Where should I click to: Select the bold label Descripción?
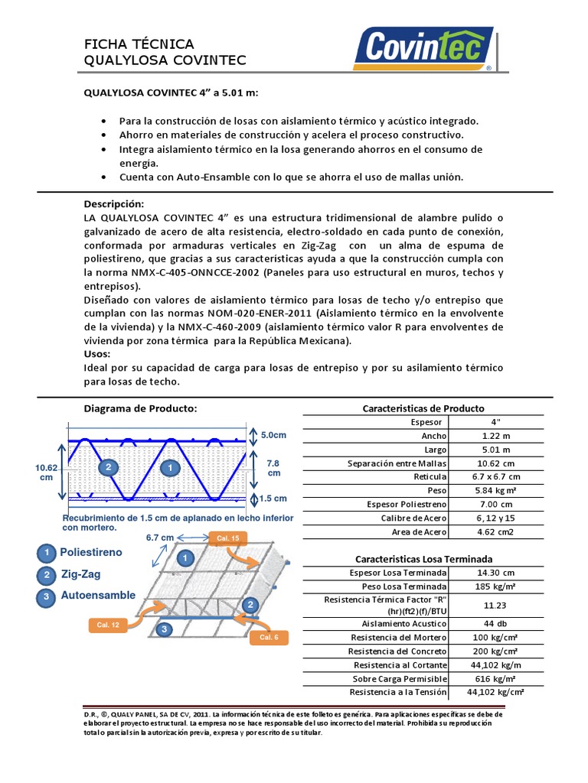click(x=113, y=204)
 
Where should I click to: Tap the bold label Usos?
click(x=96, y=354)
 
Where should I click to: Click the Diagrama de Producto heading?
click(x=140, y=408)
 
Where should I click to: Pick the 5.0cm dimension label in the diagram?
click(x=273, y=435)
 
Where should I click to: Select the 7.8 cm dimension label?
click(x=273, y=468)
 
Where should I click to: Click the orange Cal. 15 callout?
click(x=227, y=538)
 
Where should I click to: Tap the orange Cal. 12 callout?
click(x=108, y=625)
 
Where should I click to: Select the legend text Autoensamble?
click(x=99, y=595)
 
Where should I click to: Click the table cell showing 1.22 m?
click(x=495, y=436)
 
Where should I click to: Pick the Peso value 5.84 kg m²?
click(x=495, y=491)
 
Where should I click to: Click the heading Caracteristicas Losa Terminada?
click(x=423, y=559)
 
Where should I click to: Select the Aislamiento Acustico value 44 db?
click(x=495, y=623)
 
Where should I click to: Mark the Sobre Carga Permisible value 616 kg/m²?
click(x=495, y=678)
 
